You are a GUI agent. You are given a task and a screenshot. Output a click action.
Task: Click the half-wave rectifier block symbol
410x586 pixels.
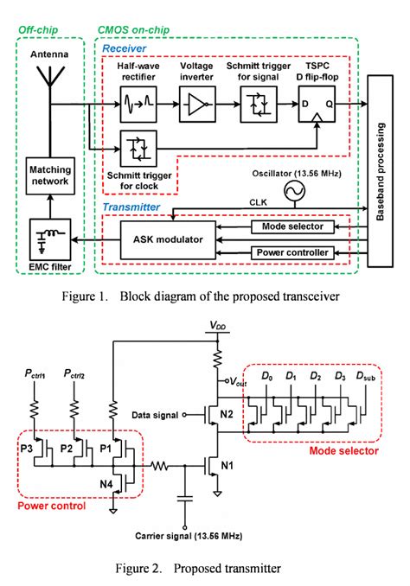tap(139, 110)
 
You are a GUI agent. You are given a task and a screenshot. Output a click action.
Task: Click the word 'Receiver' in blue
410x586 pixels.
tap(124, 50)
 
